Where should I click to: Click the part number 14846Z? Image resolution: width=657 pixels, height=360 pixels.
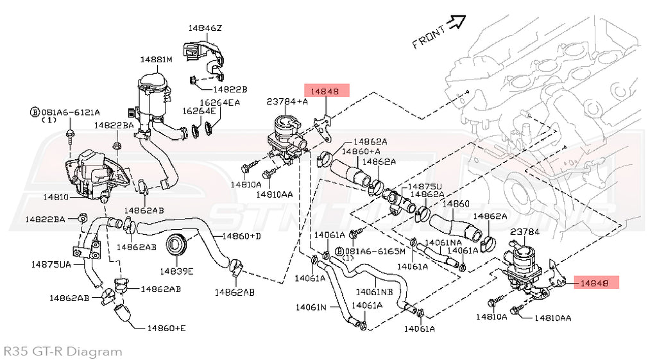(205, 28)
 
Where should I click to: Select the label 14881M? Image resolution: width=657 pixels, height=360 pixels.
(157, 60)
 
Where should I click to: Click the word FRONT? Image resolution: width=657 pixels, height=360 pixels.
(428, 39)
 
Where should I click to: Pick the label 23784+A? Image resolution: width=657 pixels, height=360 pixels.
(287, 101)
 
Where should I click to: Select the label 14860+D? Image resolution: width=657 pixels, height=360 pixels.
(241, 236)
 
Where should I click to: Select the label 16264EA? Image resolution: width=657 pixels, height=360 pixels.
(219, 102)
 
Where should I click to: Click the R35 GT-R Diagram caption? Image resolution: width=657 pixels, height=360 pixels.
(62, 351)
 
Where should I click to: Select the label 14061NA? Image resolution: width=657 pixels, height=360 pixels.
(443, 242)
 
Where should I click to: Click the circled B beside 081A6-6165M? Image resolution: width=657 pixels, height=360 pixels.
(339, 250)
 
